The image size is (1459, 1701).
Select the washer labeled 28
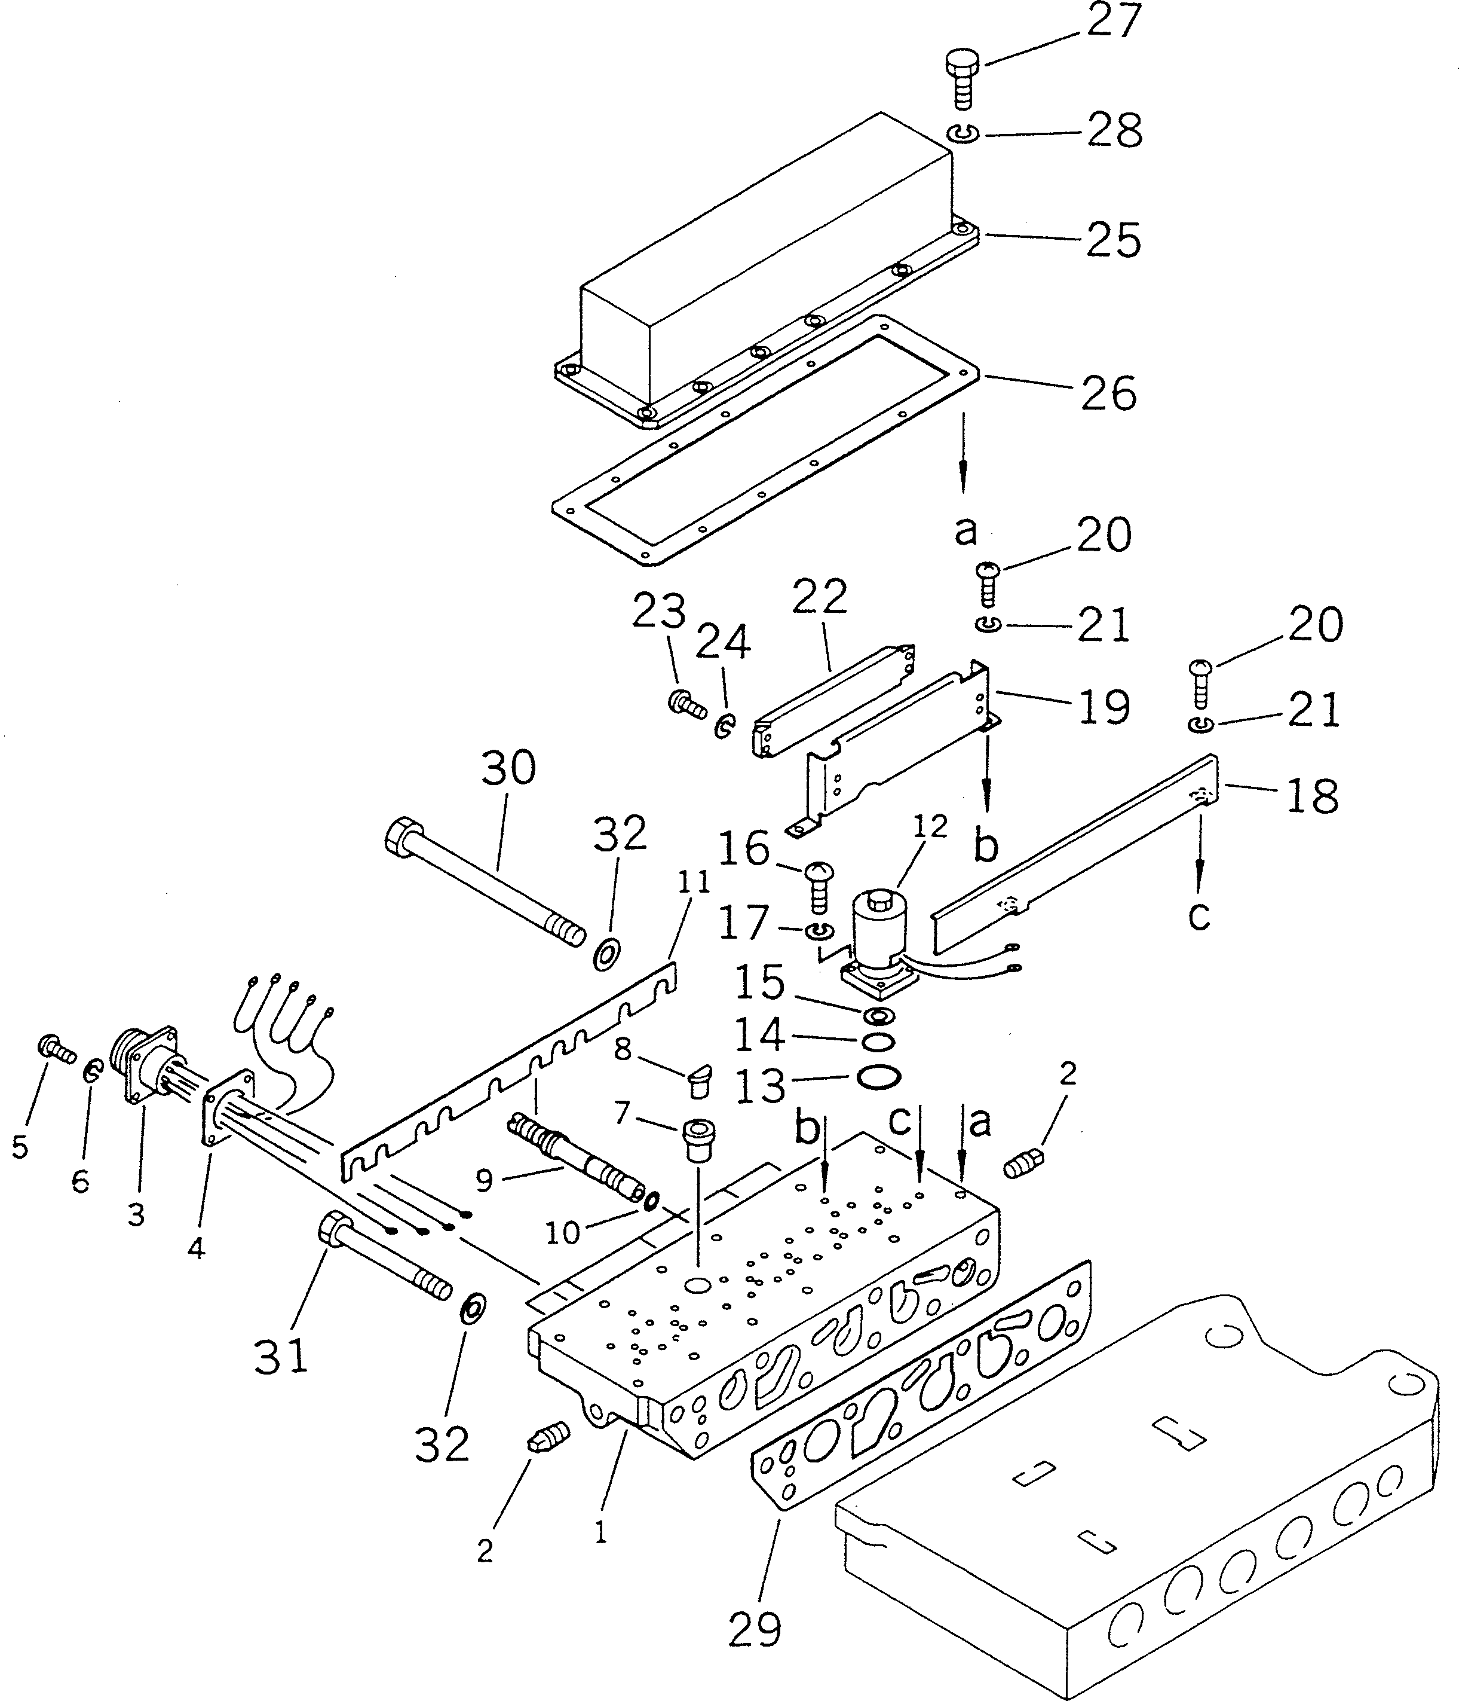962,133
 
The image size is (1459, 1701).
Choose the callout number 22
819,597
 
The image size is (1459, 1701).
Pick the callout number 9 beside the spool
484,1180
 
